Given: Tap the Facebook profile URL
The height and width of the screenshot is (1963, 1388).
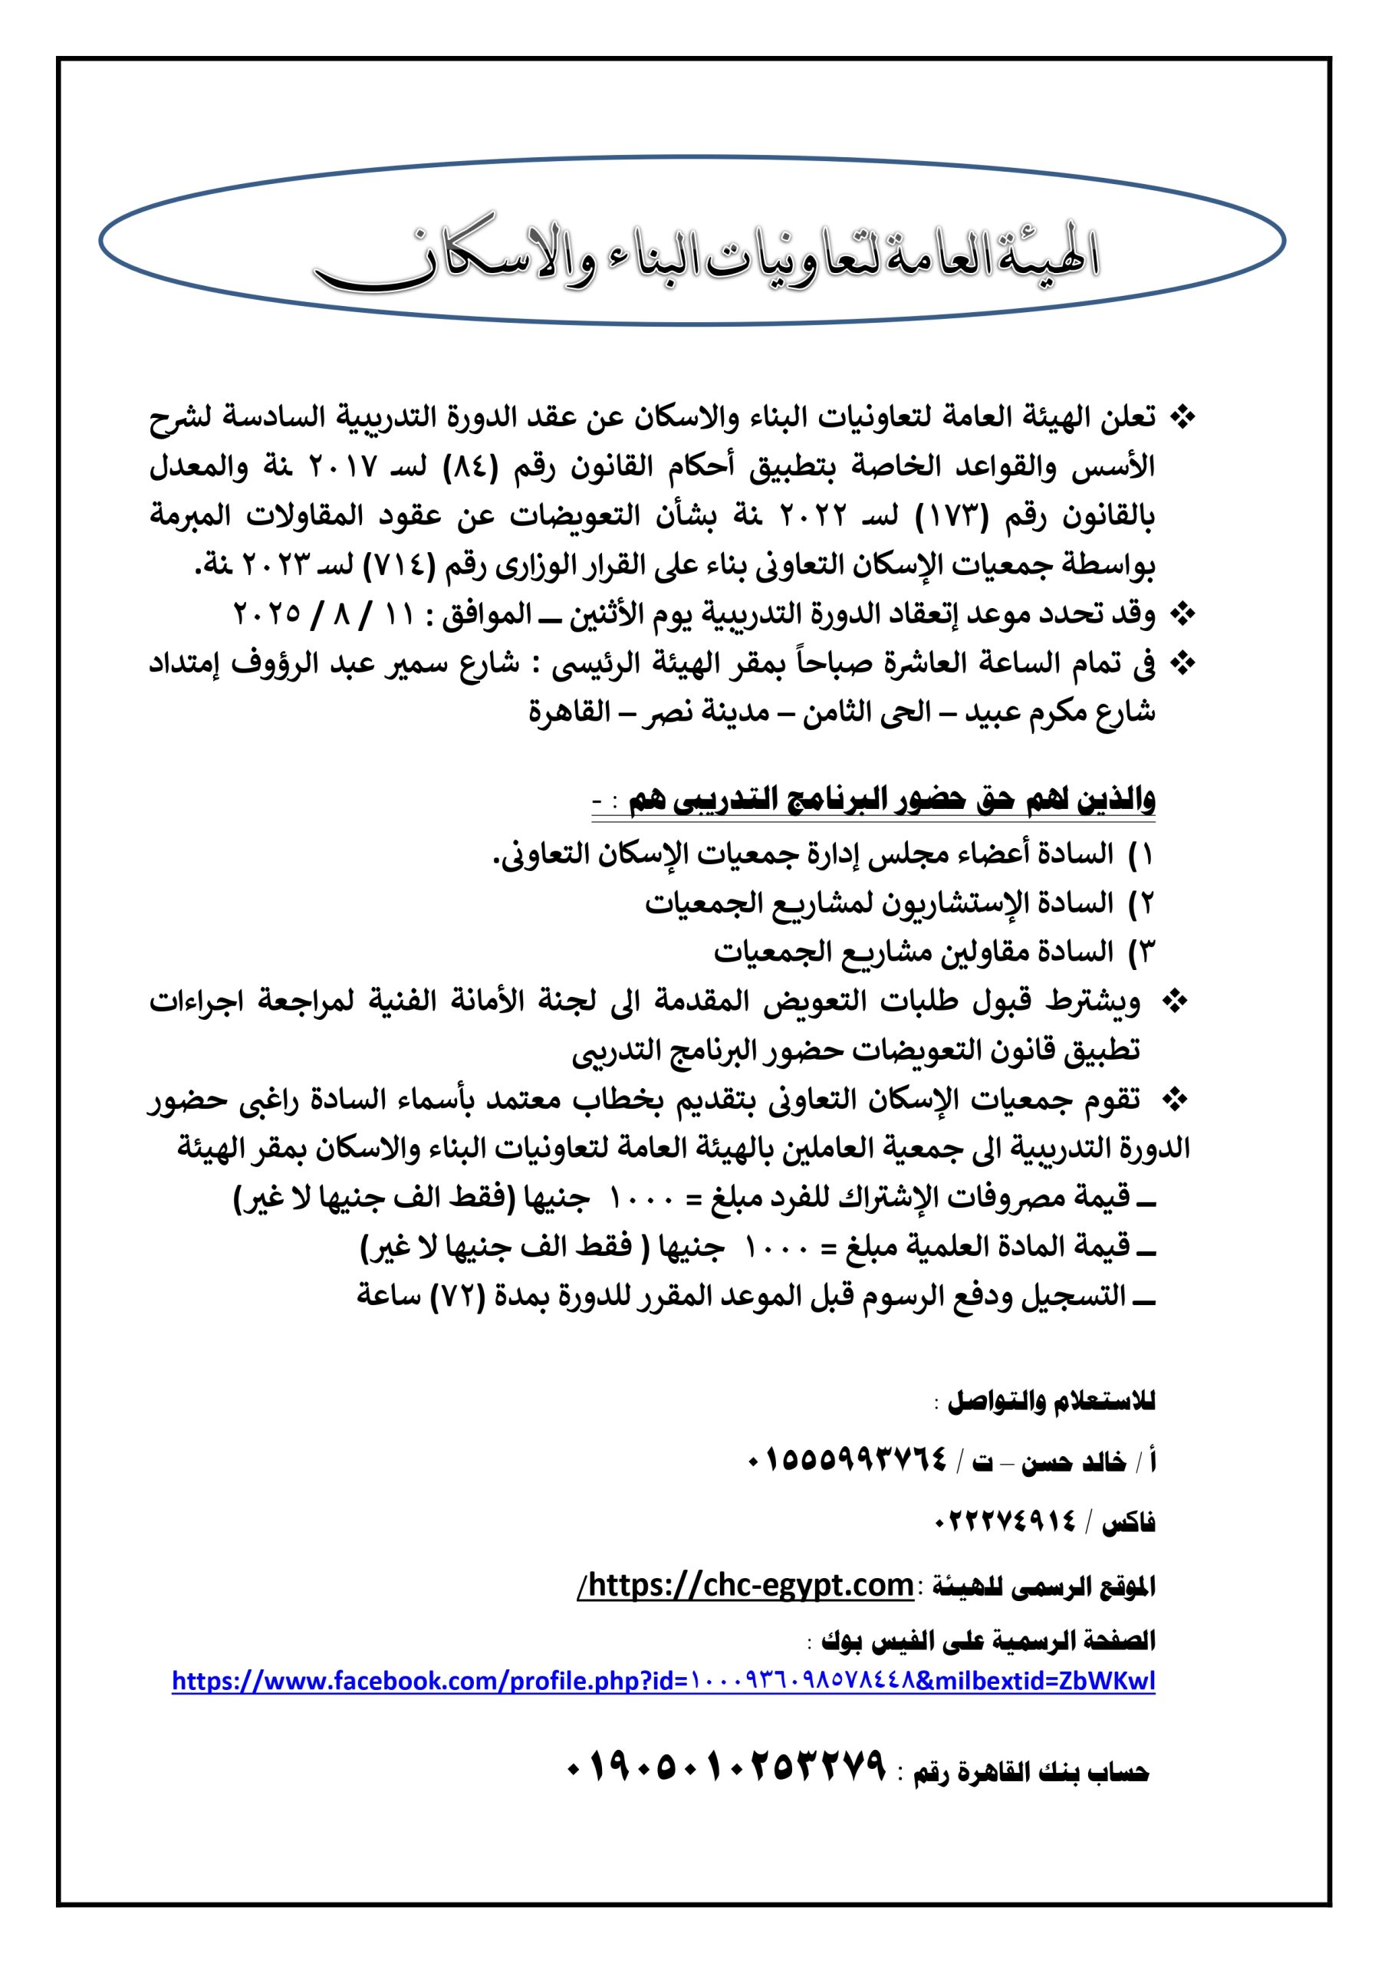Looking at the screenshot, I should tap(663, 1681).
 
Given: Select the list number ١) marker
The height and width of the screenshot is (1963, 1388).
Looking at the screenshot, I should tap(1142, 853).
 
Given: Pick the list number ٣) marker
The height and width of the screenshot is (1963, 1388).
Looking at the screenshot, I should tap(1142, 951).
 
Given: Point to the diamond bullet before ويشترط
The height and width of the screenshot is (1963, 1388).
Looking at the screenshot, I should tap(1179, 1002).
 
